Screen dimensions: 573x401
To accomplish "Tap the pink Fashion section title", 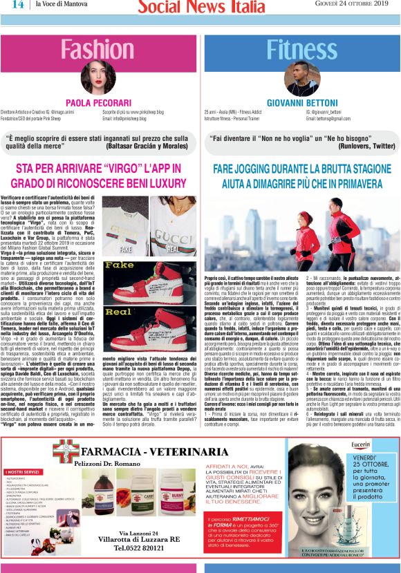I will pyautogui.click(x=100, y=50).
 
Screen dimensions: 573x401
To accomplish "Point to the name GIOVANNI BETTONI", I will pyautogui.click(x=300, y=102).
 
